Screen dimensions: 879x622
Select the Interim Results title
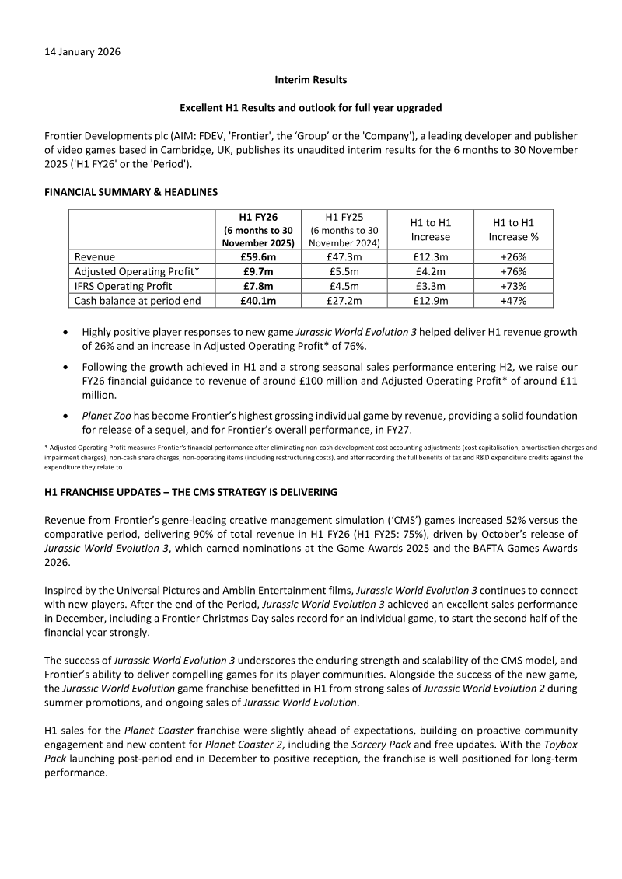pyautogui.click(x=311, y=80)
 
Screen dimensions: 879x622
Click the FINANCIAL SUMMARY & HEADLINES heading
pyautogui.click(x=131, y=191)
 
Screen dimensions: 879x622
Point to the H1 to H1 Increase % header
pyautogui.click(x=513, y=229)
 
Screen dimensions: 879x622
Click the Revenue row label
pyautogui.click(x=95, y=257)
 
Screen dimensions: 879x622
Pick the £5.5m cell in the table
pyautogui.click(x=343, y=272)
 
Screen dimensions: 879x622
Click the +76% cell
pyautogui.click(x=513, y=272)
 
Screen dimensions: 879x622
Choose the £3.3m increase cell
pyautogui.click(x=430, y=286)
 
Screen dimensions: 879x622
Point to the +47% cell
pyautogui.click(x=513, y=301)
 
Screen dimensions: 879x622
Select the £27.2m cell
pyautogui.click(x=343, y=301)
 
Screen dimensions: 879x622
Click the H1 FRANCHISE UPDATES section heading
pyautogui.click(x=191, y=492)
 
